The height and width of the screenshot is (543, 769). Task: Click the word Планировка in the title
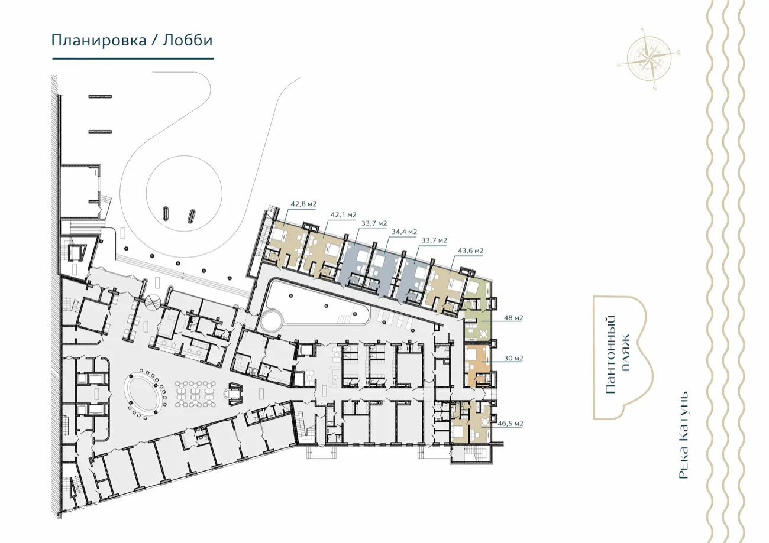point(99,40)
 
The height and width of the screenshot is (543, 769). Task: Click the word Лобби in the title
point(188,40)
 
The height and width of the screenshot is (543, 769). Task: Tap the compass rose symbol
point(649,58)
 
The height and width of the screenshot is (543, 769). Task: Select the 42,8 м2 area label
point(303,204)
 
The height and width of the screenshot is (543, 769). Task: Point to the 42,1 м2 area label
point(343,215)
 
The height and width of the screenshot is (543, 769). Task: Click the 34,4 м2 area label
point(405,232)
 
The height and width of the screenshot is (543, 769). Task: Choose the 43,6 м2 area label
point(470,251)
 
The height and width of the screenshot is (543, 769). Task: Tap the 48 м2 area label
point(513,318)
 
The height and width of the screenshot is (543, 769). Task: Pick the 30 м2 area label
point(513,358)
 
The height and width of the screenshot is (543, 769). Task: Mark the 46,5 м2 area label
point(510,424)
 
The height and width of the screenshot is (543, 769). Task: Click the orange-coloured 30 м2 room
point(477,366)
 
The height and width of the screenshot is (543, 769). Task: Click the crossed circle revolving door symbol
point(153,303)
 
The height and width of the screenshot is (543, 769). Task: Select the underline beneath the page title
point(133,58)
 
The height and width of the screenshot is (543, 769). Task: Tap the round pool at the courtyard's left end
point(272,320)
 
